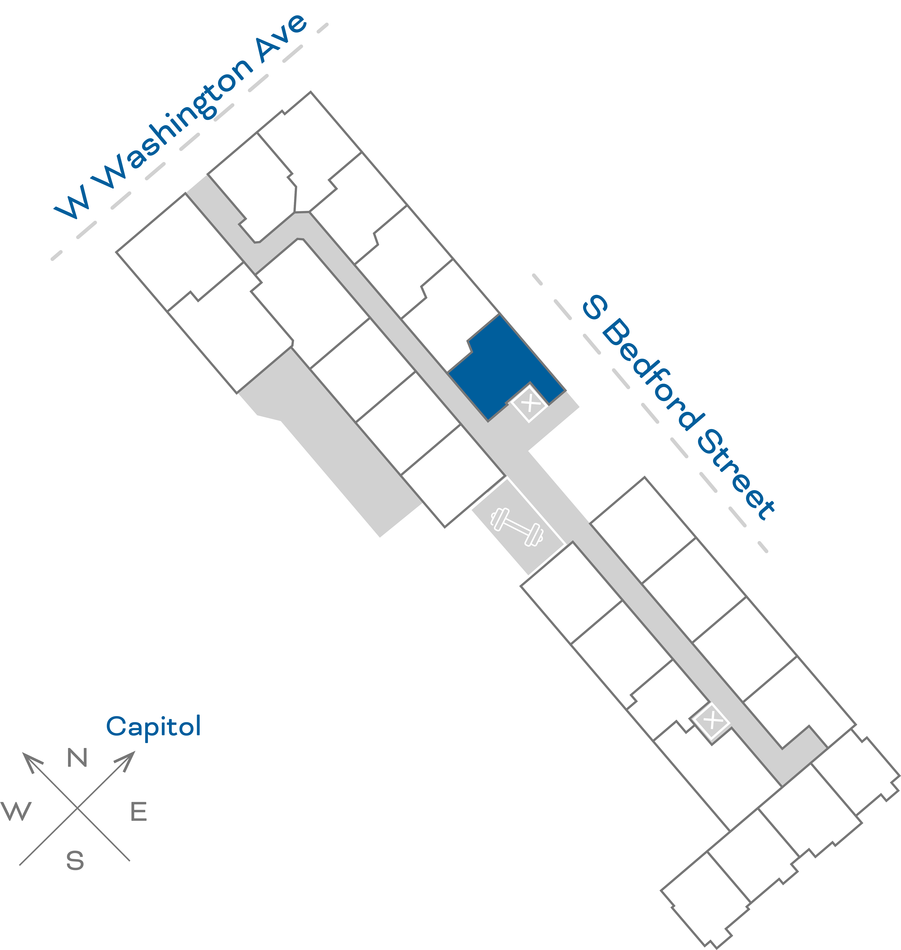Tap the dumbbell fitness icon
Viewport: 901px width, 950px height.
point(517,527)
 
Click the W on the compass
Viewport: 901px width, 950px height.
point(16,811)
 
